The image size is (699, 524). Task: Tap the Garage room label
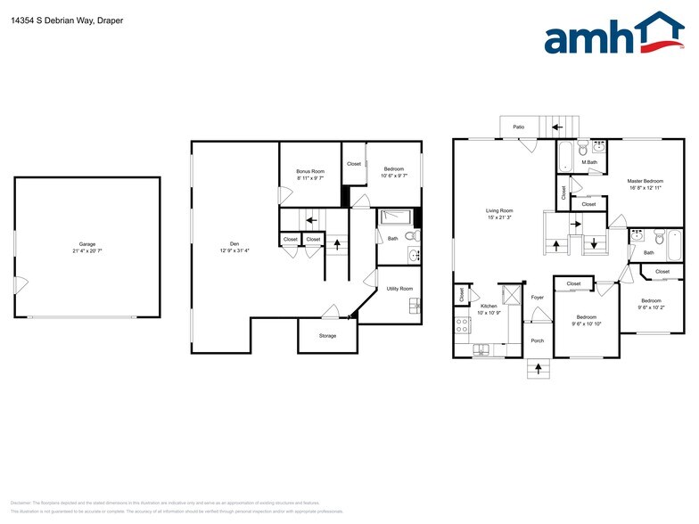point(86,243)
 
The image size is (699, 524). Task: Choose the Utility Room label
point(399,288)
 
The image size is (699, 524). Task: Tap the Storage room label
point(328,336)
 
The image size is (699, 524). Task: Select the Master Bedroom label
point(646,181)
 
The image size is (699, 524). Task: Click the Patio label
point(518,127)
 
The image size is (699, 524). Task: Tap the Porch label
point(538,340)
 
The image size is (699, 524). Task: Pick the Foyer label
point(538,297)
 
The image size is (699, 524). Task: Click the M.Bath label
point(589,162)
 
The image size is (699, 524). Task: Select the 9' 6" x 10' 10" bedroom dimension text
point(586,323)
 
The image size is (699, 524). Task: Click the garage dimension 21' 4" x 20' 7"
point(86,250)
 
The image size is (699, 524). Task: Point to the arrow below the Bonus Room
point(311,218)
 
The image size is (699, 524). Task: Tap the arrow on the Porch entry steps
point(538,367)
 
